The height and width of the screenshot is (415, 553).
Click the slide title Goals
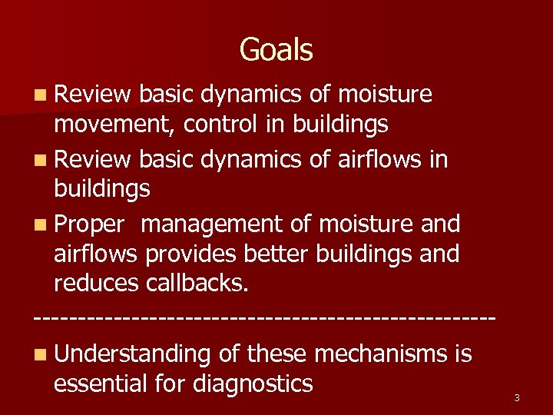pyautogui.click(x=276, y=50)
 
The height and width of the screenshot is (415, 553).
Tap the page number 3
pyautogui.click(x=517, y=397)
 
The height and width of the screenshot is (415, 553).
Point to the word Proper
pyautogui.click(x=89, y=224)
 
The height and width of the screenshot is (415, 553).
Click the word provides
pyautogui.click(x=190, y=253)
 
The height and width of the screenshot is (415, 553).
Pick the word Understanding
pyautogui.click(x=132, y=354)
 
